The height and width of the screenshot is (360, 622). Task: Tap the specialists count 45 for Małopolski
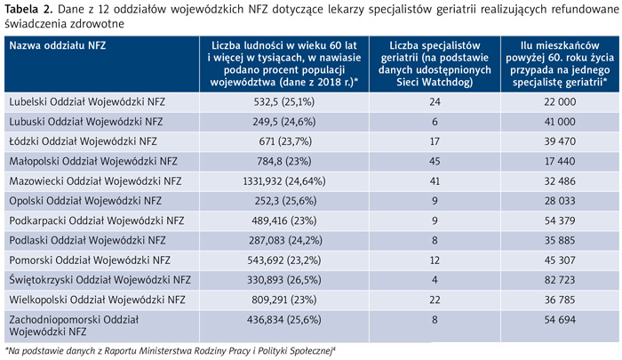click(x=435, y=161)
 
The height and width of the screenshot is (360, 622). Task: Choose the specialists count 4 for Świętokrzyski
click(x=435, y=280)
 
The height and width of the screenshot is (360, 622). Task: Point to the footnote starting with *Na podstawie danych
click(x=170, y=351)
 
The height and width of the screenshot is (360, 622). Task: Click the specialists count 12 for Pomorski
click(x=435, y=260)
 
